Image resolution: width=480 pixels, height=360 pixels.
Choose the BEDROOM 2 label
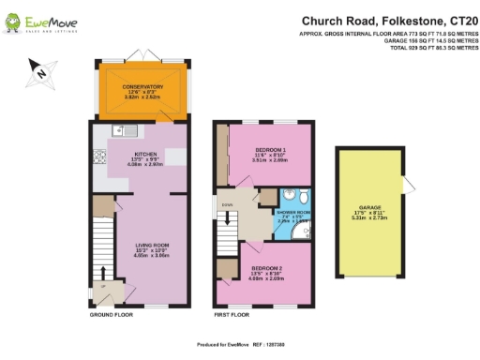[x=269, y=268]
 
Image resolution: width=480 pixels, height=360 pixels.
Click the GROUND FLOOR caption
[x=112, y=315]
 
